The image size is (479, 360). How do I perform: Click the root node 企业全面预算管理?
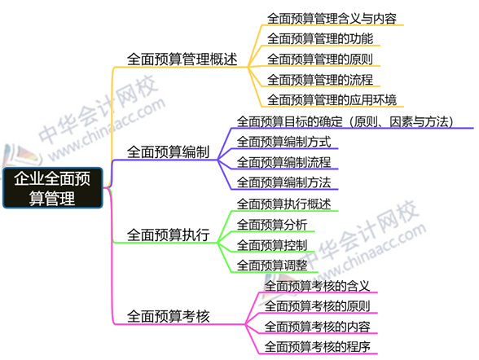tap(52, 188)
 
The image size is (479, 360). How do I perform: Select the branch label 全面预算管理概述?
tap(182, 59)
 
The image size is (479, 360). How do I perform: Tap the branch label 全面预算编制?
tap(169, 151)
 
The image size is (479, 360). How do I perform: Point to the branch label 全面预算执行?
tap(169, 235)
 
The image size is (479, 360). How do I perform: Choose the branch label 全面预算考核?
tap(169, 316)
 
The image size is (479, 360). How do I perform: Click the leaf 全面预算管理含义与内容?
tap(332, 18)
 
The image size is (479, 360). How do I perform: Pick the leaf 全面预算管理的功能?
tap(320, 39)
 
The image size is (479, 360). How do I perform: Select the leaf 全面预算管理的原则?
tap(320, 59)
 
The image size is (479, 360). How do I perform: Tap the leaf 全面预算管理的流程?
tap(320, 80)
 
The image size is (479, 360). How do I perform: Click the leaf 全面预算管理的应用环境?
tap(332, 100)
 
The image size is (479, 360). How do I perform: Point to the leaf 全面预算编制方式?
tap(283, 142)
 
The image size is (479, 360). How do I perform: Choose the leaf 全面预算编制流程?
tap(283, 162)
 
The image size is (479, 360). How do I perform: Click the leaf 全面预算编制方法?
tap(283, 182)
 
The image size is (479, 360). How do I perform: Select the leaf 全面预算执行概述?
tap(283, 204)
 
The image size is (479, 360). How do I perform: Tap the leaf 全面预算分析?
tap(272, 225)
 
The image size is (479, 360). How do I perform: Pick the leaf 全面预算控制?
tap(272, 245)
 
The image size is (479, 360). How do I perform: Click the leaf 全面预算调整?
tap(272, 265)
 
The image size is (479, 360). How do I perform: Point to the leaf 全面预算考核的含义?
tap(317, 286)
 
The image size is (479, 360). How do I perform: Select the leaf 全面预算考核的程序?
tap(317, 347)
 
